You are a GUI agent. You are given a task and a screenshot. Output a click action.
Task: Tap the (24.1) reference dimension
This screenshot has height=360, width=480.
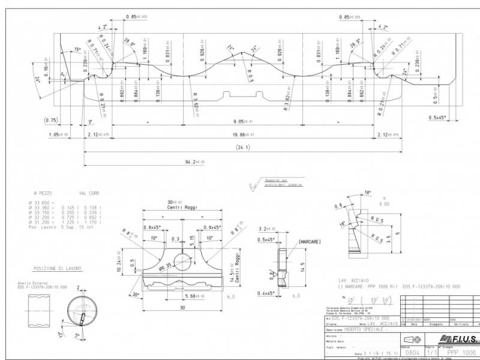coord(242,147)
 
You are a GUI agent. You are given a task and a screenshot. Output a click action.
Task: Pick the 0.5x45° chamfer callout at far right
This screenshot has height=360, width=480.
coord(440,117)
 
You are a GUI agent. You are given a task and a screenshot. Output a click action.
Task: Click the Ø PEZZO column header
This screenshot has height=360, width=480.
coord(43,194)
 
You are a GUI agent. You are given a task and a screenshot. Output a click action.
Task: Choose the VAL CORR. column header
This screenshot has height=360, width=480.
coord(91,194)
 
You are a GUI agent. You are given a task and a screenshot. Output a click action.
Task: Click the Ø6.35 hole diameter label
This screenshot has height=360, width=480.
coord(165,265)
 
